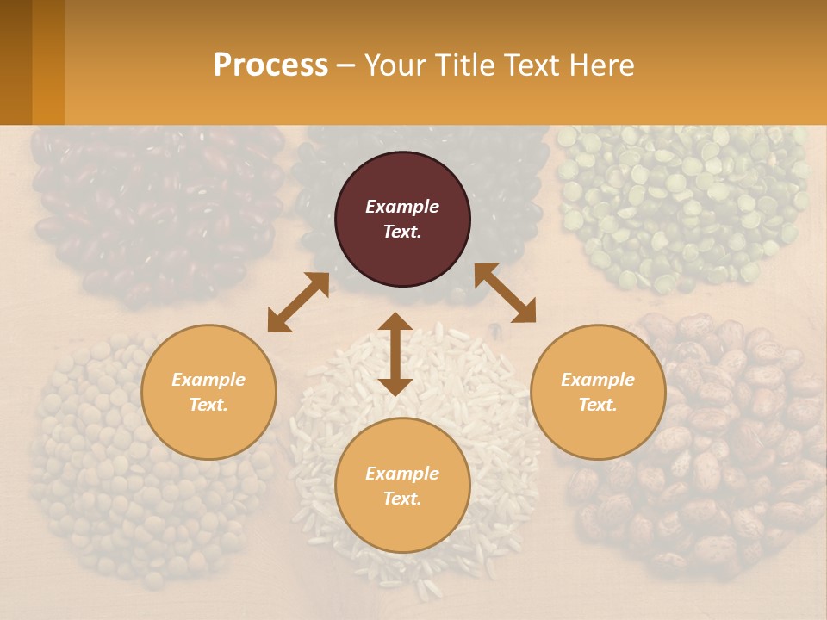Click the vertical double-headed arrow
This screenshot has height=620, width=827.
[x=395, y=355]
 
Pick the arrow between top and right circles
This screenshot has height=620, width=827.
[x=505, y=293]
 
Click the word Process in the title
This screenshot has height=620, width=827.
[x=270, y=65]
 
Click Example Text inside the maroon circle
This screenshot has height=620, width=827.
[x=402, y=219]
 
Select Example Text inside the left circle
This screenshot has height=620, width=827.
[x=208, y=392]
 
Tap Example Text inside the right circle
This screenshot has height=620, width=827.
[x=598, y=392]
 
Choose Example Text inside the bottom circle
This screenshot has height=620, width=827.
[x=402, y=486]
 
